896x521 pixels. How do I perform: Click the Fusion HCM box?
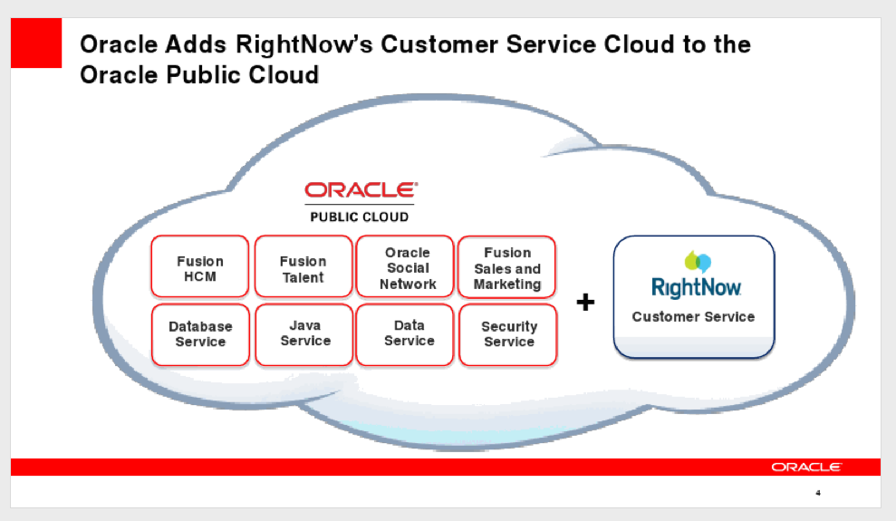click(200, 266)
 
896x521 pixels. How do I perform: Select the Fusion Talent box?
click(303, 266)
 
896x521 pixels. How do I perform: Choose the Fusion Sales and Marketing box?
click(506, 266)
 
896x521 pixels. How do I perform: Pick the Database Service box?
click(200, 334)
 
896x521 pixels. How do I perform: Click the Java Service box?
click(304, 334)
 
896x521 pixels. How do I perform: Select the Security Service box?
click(508, 334)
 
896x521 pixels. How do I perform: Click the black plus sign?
click(585, 302)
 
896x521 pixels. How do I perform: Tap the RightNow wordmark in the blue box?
click(696, 287)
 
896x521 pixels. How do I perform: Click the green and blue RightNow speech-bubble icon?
click(698, 261)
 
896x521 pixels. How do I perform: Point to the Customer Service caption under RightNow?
click(693, 316)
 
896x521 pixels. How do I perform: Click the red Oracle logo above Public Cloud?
click(361, 189)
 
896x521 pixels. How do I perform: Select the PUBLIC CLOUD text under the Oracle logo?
click(360, 217)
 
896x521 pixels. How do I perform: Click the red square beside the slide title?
click(36, 43)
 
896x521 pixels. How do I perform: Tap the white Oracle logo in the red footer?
click(806, 467)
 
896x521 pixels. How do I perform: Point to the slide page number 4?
click(818, 492)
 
